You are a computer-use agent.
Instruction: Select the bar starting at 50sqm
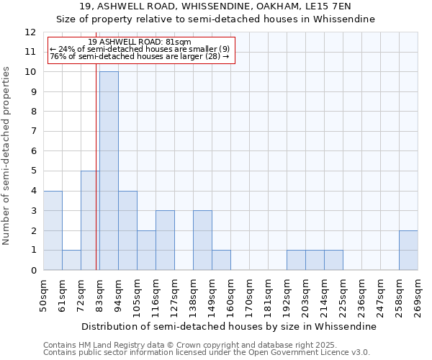tap(53, 230)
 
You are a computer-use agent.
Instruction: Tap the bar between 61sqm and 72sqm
tap(71, 260)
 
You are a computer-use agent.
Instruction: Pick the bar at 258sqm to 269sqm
tap(408, 251)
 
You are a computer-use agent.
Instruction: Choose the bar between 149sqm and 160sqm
tap(221, 260)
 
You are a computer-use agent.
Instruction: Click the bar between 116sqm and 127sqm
tap(165, 240)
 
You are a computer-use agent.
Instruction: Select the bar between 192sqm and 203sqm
tap(296, 260)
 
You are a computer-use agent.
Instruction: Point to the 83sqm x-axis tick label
tap(99, 296)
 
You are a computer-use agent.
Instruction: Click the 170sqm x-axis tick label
tap(249, 296)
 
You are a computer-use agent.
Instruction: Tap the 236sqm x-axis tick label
tap(361, 296)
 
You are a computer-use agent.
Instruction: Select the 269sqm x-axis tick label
tap(418, 296)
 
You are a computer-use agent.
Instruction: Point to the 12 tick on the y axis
tap(30, 32)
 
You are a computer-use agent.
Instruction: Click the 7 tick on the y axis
tap(33, 132)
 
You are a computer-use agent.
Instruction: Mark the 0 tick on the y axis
tap(33, 271)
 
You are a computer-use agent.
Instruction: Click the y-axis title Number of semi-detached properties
tap(7, 156)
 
